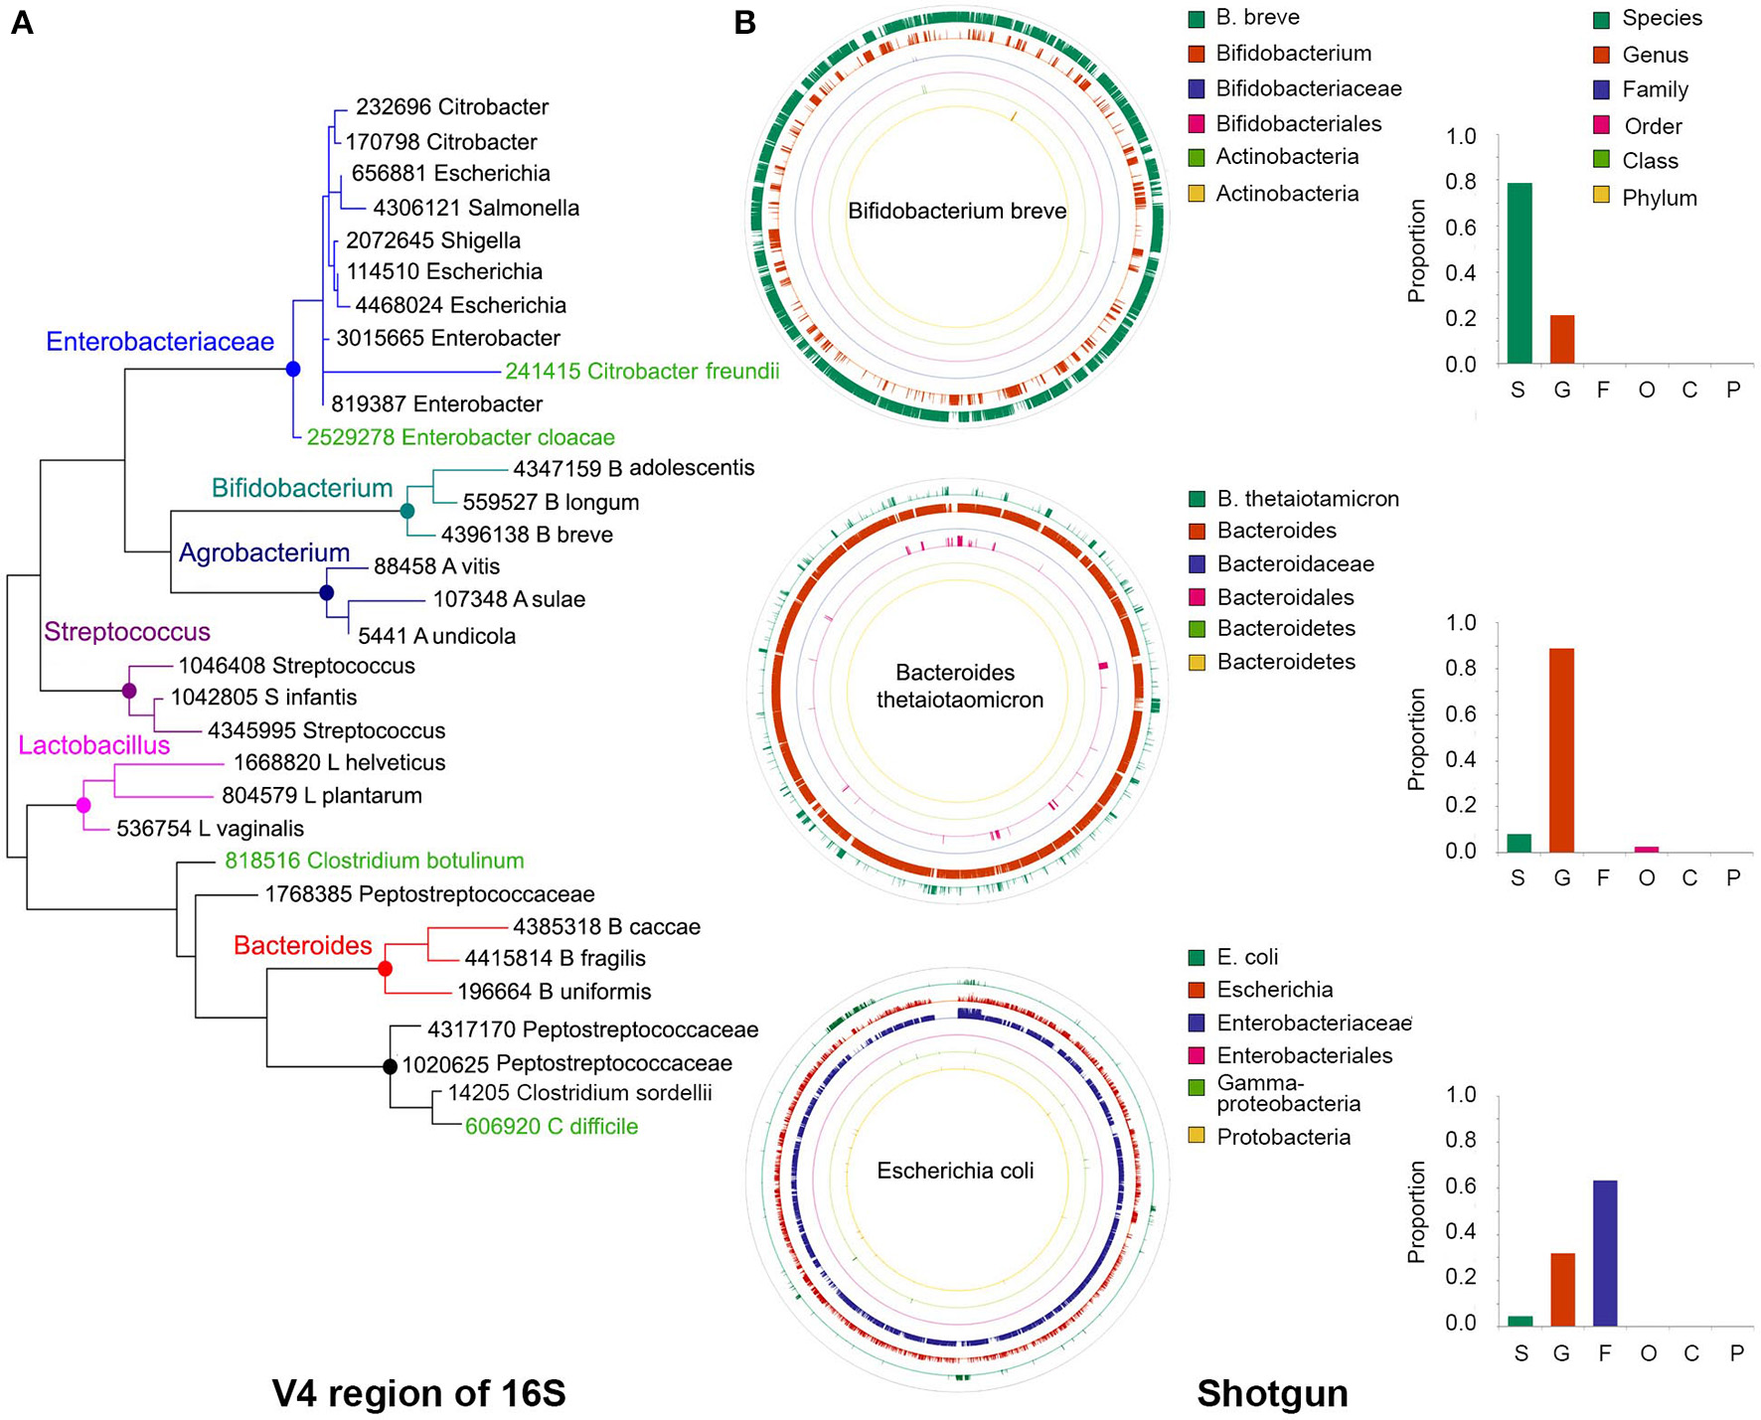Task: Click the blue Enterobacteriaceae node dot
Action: click(x=292, y=369)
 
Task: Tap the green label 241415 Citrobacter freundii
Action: click(x=642, y=372)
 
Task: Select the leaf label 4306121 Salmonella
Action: click(x=476, y=208)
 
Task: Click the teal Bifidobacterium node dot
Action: click(x=406, y=511)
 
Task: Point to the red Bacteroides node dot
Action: click(x=386, y=968)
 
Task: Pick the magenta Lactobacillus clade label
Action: click(x=94, y=745)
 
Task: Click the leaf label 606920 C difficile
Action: click(x=552, y=1126)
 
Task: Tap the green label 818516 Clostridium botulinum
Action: click(x=375, y=861)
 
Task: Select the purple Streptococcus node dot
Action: click(x=128, y=691)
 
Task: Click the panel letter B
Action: click(x=745, y=23)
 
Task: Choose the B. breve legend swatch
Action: click(x=1197, y=19)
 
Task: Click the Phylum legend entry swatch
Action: click(x=1601, y=198)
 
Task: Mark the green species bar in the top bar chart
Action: click(x=1520, y=273)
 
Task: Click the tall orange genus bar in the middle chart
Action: click(x=1561, y=750)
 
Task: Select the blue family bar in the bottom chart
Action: click(x=1604, y=1253)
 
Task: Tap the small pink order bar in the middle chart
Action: click(x=1647, y=849)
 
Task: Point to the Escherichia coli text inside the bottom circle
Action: click(x=955, y=1171)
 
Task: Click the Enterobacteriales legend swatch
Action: click(x=1197, y=1055)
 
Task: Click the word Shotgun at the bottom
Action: click(x=1272, y=1393)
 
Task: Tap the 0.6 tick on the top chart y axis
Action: click(x=1461, y=228)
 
